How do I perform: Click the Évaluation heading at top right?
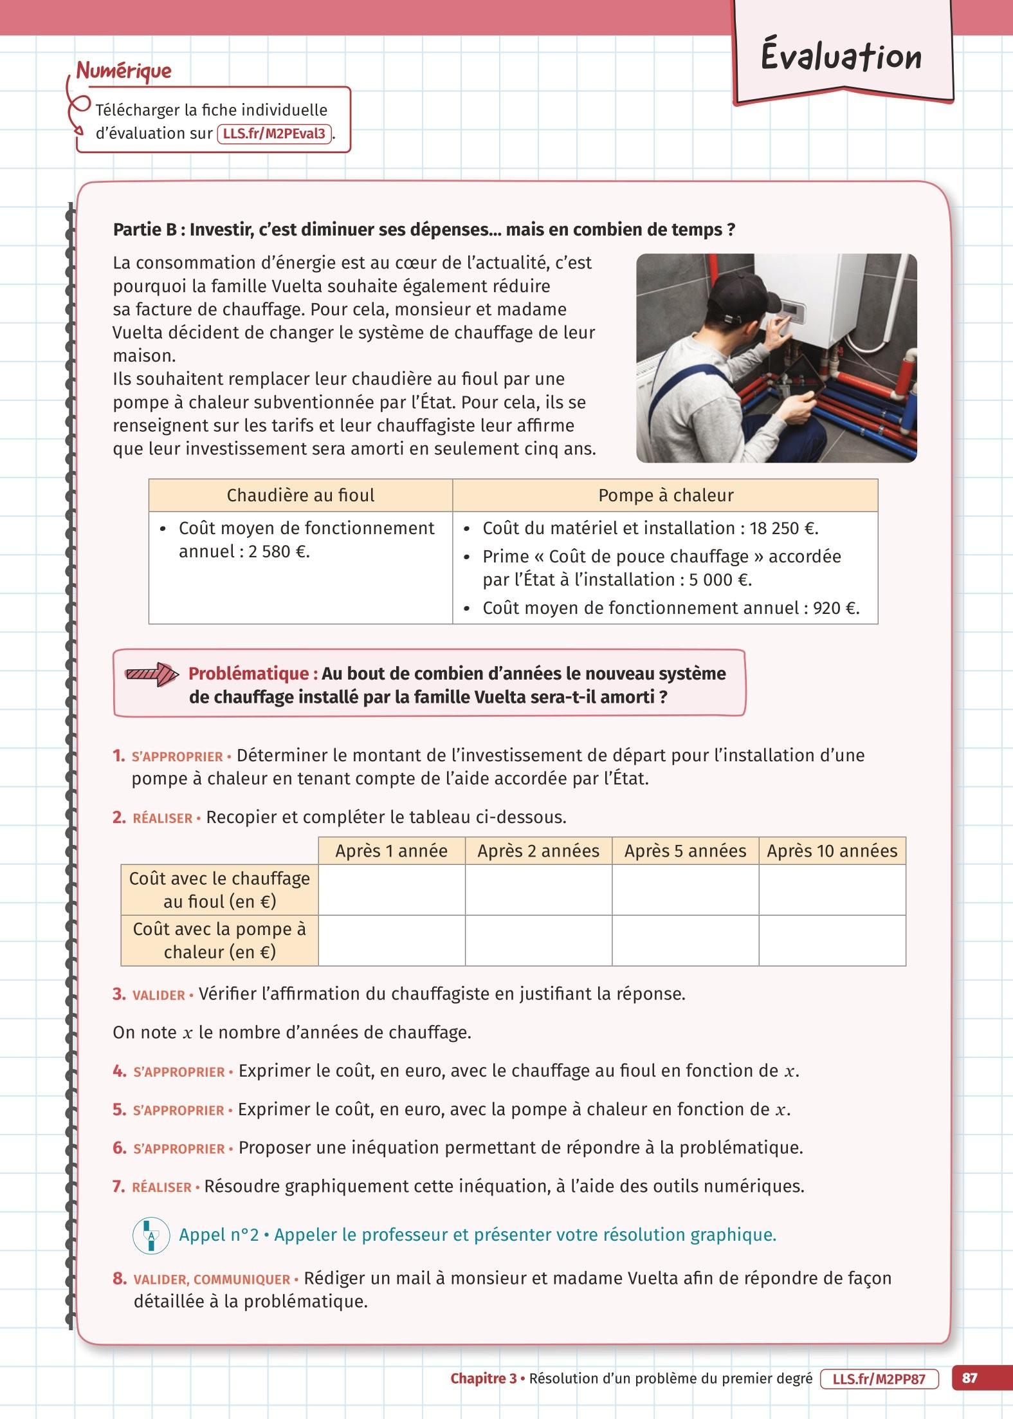pyautogui.click(x=841, y=57)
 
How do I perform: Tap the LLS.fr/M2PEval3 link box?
pyautogui.click(x=275, y=134)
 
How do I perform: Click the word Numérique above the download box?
pyautogui.click(x=124, y=71)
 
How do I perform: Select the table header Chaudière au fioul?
pyautogui.click(x=300, y=496)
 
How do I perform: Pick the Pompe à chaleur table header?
pyautogui.click(x=665, y=496)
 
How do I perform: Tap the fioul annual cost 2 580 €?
pyautogui.click(x=276, y=552)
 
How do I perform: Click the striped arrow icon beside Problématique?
pyautogui.click(x=151, y=674)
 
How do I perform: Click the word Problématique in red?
pyautogui.click(x=253, y=674)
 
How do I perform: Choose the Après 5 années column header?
pyautogui.click(x=685, y=851)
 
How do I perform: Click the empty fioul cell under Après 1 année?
pyautogui.click(x=392, y=889)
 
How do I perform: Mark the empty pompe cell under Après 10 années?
pyautogui.click(x=832, y=940)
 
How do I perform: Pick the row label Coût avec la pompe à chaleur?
pyautogui.click(x=219, y=940)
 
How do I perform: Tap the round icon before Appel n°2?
pyautogui.click(x=151, y=1235)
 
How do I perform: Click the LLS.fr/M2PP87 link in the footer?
pyautogui.click(x=879, y=1378)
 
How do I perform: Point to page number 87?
pyautogui.click(x=969, y=1378)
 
